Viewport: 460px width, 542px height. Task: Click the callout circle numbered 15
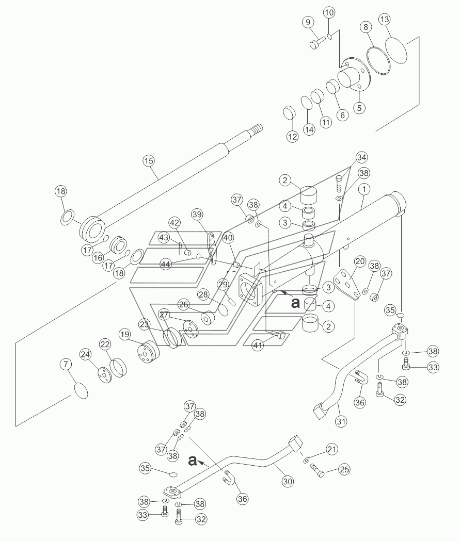(x=149, y=161)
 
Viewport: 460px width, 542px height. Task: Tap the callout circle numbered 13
(x=385, y=20)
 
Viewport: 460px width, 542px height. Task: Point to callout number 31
(x=341, y=421)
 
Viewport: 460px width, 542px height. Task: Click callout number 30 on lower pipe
(x=288, y=481)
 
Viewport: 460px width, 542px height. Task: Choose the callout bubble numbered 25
(x=344, y=469)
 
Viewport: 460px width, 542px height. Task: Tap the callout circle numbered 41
(x=258, y=346)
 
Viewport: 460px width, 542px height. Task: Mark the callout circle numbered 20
(x=360, y=261)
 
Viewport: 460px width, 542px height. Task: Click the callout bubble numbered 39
(x=197, y=215)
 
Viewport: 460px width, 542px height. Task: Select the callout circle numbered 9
(x=308, y=23)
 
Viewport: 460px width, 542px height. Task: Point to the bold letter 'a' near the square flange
(x=295, y=303)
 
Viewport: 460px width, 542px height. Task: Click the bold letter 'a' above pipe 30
(x=193, y=461)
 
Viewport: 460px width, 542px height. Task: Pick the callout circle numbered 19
(x=125, y=334)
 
